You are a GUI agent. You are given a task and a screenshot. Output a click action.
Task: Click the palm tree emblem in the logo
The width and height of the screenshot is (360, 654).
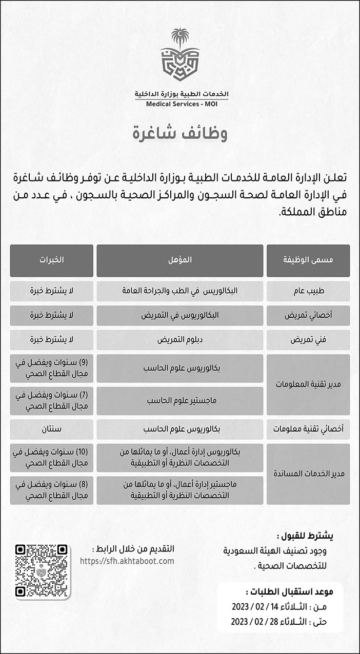180,38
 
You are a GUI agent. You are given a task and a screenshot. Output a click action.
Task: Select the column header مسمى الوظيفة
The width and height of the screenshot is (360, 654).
308,260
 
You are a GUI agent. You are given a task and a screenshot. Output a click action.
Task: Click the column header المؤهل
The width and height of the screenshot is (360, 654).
180,260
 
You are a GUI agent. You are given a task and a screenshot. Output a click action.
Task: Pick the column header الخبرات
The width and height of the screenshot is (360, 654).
51,260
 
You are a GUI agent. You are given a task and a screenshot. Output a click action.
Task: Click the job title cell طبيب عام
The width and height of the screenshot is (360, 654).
308,291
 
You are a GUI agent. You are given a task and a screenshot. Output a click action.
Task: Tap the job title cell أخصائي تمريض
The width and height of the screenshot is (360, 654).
308,315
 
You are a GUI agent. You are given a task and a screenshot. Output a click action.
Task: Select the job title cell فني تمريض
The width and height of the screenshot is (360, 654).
308,340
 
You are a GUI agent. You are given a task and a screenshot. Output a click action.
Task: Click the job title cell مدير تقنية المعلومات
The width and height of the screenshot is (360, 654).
308,384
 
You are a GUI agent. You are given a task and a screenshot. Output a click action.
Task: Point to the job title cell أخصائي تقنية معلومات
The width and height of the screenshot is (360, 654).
308,428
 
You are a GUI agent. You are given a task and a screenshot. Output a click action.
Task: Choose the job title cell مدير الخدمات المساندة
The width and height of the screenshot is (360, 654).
308,474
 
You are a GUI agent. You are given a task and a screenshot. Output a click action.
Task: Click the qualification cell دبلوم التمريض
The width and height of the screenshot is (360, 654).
180,340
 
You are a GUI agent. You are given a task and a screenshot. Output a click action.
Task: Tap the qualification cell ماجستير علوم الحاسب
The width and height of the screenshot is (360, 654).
180,400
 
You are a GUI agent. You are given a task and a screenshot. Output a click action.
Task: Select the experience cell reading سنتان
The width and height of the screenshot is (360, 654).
51,428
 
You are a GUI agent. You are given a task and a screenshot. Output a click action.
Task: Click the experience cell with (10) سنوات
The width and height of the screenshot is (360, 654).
51,457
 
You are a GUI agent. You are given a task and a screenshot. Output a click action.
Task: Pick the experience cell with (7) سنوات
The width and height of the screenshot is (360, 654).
51,400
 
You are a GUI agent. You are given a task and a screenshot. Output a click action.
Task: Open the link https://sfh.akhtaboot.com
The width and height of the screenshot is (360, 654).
127,561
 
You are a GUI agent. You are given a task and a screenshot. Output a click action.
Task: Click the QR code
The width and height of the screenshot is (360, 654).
42,572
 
